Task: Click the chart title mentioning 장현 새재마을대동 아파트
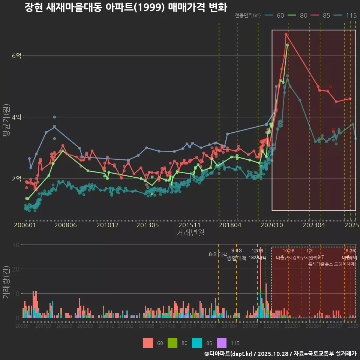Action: [x=126, y=7]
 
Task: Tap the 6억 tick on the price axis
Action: [x=16, y=56]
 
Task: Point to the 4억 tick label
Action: [x=16, y=117]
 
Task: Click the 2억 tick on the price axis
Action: [x=16, y=178]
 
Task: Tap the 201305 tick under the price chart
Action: [x=147, y=225]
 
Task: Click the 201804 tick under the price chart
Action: [x=229, y=225]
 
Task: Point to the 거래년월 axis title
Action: [x=190, y=232]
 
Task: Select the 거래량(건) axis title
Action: [x=6, y=282]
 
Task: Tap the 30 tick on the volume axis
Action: [x=16, y=245]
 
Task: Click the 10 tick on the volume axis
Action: [x=16, y=294]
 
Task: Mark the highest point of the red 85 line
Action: [x=286, y=34]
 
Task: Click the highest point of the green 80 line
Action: [x=287, y=45]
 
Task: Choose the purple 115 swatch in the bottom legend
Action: [x=222, y=343]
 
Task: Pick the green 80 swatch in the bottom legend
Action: [x=172, y=343]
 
